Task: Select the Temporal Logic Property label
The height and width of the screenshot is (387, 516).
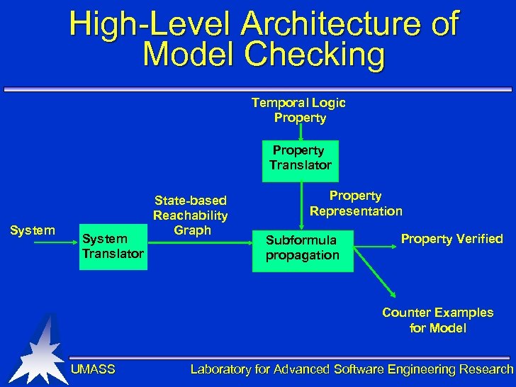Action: pyautogui.click(x=299, y=110)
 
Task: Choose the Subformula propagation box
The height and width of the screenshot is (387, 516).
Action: pyautogui.click(x=303, y=247)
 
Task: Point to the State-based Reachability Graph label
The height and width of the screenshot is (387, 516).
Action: pyautogui.click(x=191, y=215)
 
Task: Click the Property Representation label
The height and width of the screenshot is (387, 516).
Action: pyautogui.click(x=356, y=203)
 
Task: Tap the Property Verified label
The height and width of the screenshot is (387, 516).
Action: pyautogui.click(x=452, y=239)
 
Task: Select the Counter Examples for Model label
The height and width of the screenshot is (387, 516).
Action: pyautogui.click(x=438, y=320)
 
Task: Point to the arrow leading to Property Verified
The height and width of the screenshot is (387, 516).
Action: pyautogui.click(x=375, y=247)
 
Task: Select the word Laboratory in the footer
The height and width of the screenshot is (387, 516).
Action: pyautogui.click(x=220, y=369)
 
